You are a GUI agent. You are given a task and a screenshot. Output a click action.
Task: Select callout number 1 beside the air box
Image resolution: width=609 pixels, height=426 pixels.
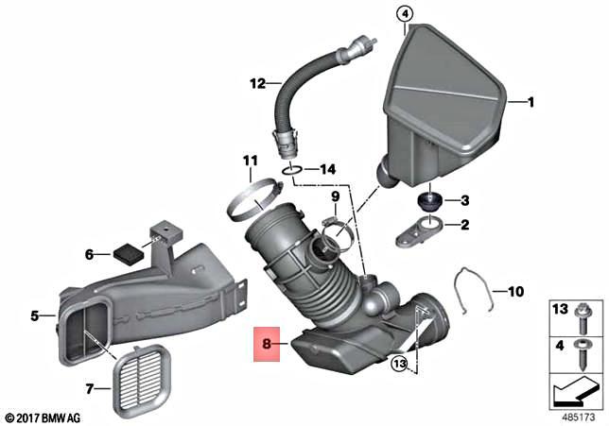pos(531,102)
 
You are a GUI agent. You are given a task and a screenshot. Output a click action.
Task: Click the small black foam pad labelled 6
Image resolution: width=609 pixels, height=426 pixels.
pos(123,252)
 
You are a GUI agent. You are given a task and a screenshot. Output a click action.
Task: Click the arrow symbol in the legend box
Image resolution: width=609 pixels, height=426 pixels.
pos(575,385)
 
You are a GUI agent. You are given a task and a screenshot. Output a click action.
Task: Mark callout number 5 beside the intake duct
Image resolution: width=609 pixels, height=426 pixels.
pos(35,315)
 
